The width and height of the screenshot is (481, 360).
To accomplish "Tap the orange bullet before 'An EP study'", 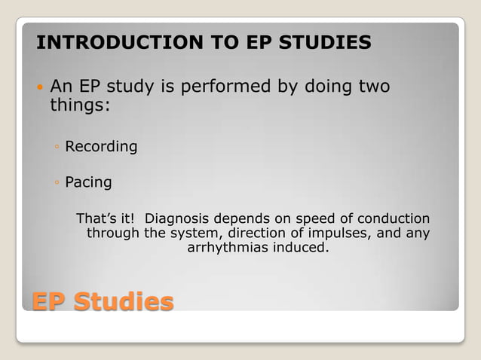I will tap(41, 88).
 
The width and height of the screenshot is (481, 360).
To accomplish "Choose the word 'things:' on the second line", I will tap(80, 105).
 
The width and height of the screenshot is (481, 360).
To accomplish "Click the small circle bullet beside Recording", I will tap(58, 147).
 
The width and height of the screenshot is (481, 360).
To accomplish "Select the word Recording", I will tap(101, 147).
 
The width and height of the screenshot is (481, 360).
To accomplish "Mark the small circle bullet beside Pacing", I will tap(58, 182).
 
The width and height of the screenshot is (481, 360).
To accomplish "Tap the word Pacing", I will tap(89, 182).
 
